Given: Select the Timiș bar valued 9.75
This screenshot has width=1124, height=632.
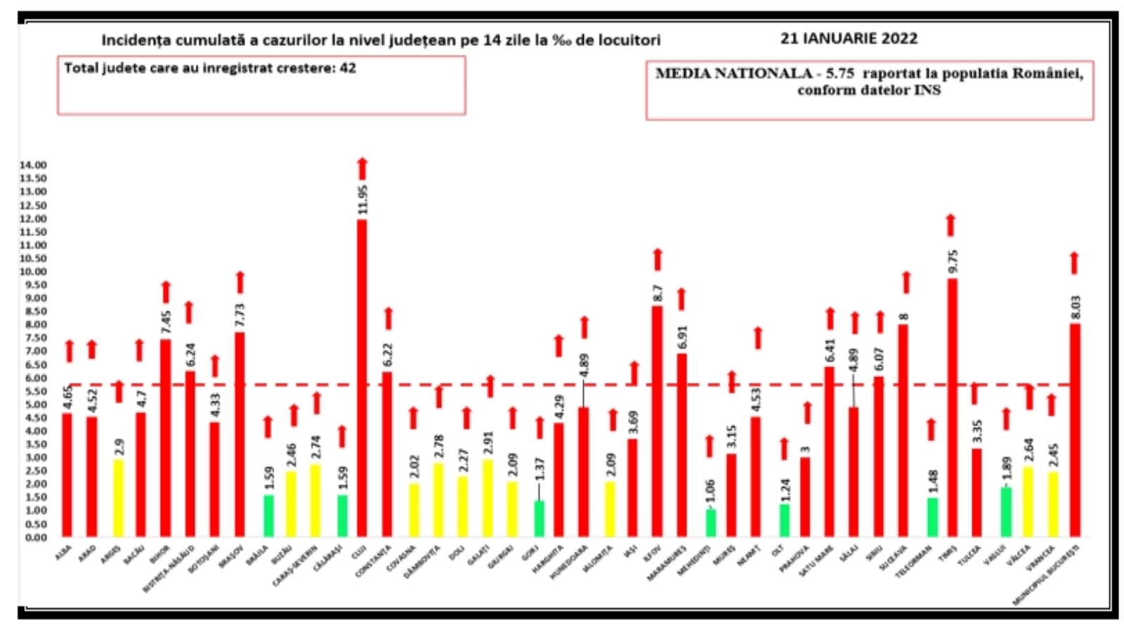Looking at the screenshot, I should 952,407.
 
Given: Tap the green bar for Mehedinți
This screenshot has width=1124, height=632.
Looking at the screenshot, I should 710,523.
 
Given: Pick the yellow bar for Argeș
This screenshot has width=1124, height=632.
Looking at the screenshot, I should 118,498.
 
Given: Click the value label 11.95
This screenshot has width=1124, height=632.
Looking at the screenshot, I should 362,200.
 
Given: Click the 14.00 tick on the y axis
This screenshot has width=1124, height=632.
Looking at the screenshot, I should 34,165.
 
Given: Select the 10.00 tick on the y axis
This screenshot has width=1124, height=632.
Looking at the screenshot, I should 34,272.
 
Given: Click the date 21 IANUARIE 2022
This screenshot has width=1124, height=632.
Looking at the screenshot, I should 849,39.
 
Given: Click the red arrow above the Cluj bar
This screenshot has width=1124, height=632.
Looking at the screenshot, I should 362,169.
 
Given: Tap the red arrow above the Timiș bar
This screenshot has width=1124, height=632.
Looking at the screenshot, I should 950,225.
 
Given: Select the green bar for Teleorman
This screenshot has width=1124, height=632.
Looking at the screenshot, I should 932,517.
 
